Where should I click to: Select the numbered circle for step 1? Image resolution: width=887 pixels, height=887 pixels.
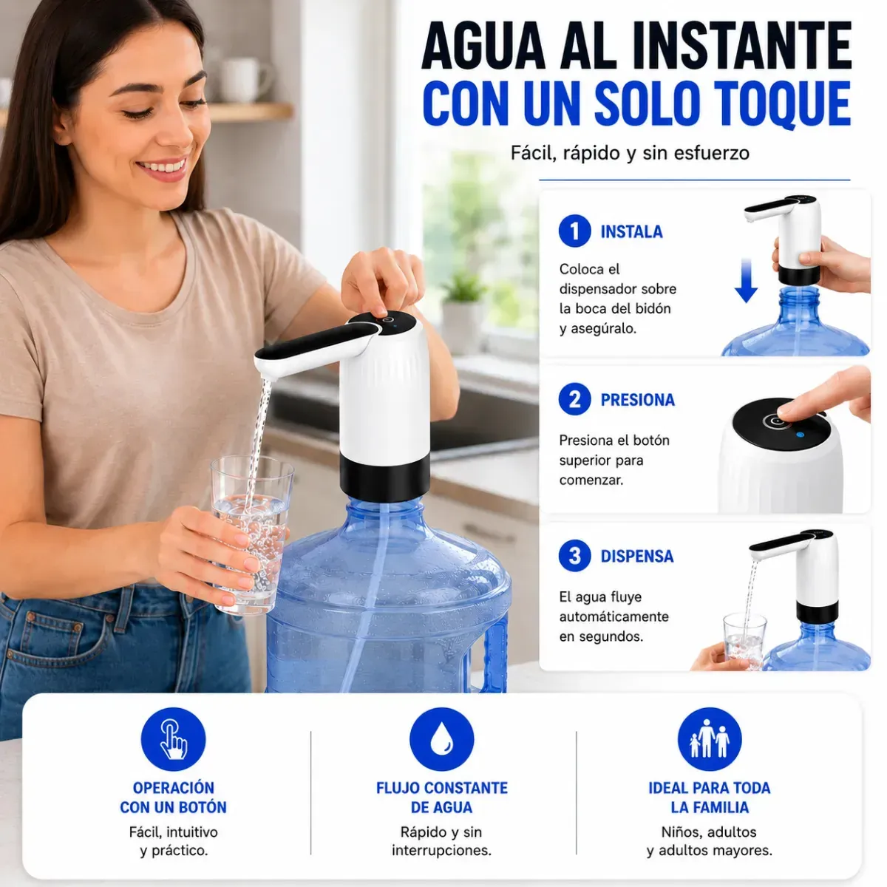tap(574, 231)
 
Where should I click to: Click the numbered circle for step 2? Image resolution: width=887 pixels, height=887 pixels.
tap(574, 399)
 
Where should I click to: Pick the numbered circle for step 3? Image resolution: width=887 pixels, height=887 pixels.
tap(574, 556)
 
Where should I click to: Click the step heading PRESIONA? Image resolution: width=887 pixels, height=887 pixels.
tap(637, 400)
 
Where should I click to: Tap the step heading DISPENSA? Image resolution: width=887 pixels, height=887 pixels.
tap(637, 556)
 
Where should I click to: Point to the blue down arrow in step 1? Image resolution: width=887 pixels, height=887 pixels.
tap(746, 280)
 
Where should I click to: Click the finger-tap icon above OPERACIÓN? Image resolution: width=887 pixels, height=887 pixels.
tap(174, 740)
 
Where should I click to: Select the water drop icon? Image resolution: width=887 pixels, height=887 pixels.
tap(442, 740)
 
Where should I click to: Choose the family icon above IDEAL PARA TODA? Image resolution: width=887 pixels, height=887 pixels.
tap(710, 740)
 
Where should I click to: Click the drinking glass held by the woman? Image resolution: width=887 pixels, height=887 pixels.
tap(252, 534)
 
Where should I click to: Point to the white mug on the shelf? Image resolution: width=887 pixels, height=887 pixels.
tap(243, 80)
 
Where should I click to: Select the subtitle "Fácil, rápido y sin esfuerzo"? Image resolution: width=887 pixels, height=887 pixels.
tap(630, 153)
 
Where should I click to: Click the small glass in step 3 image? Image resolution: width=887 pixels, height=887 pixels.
tap(744, 641)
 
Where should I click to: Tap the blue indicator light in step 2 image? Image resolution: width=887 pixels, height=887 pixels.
tap(800, 435)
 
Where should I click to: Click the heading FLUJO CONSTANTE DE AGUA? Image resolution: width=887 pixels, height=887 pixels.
tap(442, 798)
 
